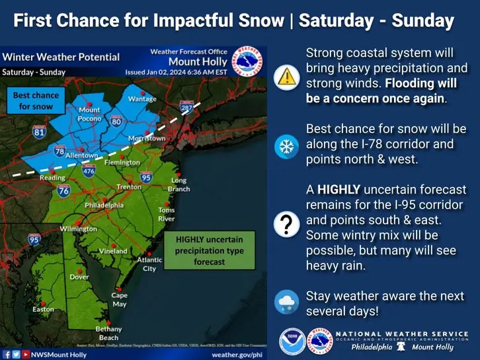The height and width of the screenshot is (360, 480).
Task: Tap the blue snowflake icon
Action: click(x=286, y=147)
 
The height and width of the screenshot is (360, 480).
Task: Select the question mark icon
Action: click(x=286, y=225)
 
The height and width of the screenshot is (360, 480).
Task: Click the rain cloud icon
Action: click(x=286, y=302)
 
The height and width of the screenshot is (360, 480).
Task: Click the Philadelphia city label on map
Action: click(x=104, y=205)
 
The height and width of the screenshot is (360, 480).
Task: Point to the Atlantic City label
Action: click(x=149, y=264)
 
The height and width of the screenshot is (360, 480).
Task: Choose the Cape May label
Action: click(x=119, y=300)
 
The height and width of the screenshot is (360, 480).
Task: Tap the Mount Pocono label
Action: click(x=89, y=114)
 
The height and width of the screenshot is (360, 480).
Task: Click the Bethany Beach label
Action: click(x=108, y=333)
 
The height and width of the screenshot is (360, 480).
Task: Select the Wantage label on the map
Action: click(x=142, y=99)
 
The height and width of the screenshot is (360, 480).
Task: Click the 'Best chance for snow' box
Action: click(x=36, y=101)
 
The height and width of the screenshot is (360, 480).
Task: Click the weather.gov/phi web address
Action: click(x=237, y=355)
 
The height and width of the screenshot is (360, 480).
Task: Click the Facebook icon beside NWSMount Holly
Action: click(x=7, y=355)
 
